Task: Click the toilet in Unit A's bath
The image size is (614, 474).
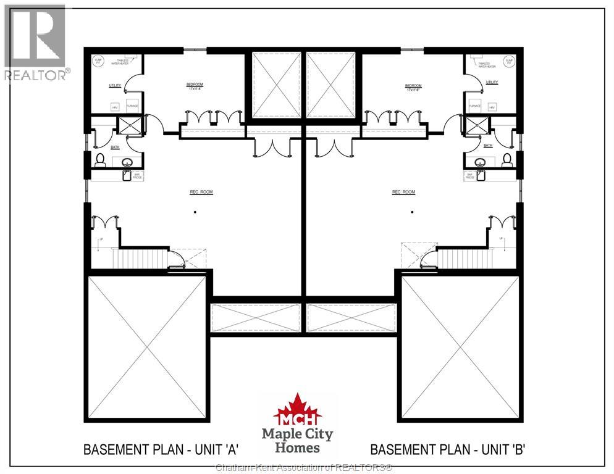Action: [x=99, y=159]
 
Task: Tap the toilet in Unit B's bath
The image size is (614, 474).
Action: [x=507, y=159]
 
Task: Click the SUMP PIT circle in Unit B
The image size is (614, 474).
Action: [x=509, y=61]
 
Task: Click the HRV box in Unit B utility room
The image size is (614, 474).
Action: [x=492, y=106]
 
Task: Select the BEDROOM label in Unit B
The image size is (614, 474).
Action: [x=413, y=86]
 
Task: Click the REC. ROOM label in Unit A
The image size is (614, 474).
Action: [x=201, y=192]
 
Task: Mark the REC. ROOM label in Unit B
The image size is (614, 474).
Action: [x=403, y=192]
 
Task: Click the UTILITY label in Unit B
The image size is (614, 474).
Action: [x=492, y=82]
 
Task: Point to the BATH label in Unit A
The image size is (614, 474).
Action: [x=115, y=147]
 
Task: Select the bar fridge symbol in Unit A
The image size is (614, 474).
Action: [x=127, y=176]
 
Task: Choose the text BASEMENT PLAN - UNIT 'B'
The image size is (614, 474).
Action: [x=447, y=449]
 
